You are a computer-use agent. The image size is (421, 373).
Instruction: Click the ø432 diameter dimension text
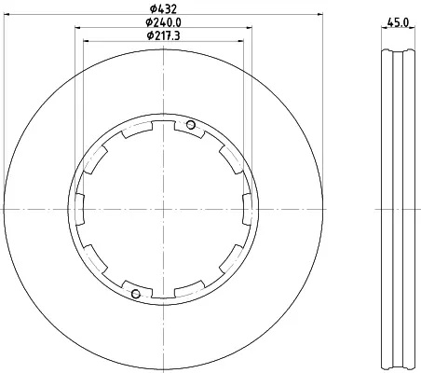[x=163, y=8]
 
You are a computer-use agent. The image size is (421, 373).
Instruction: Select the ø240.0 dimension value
[x=163, y=22]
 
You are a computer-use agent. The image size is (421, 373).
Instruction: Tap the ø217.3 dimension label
[x=163, y=36]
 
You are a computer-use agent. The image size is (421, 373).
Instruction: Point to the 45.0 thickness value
[x=398, y=22]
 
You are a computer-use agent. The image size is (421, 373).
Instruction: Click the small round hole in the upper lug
[x=191, y=125]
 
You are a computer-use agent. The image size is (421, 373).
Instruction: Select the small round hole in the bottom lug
[x=136, y=294]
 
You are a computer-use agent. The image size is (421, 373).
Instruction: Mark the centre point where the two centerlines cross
[x=163, y=209]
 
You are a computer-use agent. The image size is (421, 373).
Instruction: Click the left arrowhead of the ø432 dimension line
[x=7, y=14]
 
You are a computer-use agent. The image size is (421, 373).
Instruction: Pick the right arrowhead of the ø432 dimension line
[x=319, y=14]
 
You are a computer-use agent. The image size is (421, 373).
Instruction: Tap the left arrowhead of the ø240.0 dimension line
[x=78, y=28]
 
